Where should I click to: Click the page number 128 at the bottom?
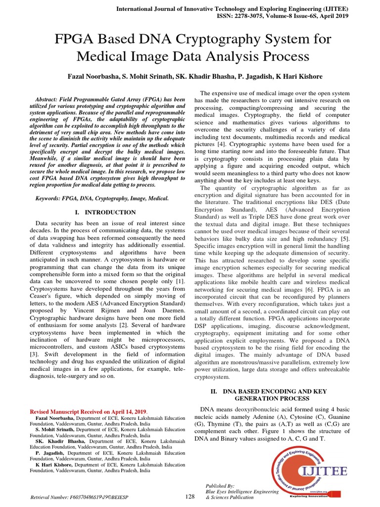coord(190,496)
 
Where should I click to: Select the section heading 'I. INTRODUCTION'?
coord(105,212)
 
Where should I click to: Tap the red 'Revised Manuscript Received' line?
coord(89,411)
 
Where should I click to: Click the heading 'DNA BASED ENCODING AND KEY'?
coord(275,391)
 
